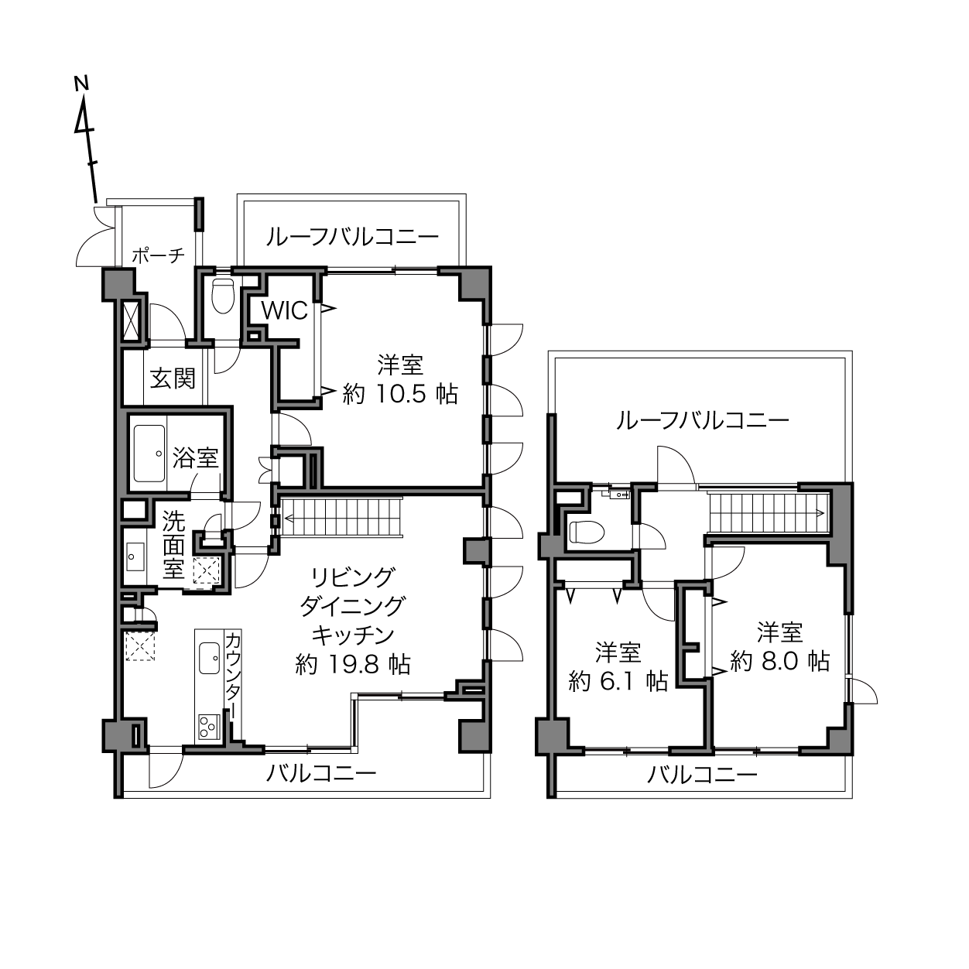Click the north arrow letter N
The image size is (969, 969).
click(x=81, y=84)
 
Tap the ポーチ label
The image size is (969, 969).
click(x=159, y=256)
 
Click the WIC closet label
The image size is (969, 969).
click(x=285, y=311)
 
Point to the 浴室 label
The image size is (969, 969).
click(x=195, y=457)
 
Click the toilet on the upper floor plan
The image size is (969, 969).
click(x=587, y=532)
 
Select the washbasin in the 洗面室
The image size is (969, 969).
click(x=135, y=556)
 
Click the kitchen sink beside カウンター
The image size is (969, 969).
click(x=209, y=658)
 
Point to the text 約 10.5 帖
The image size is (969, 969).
click(x=400, y=395)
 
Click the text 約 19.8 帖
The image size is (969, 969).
click(x=353, y=665)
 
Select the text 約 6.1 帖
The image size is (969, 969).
click(x=618, y=682)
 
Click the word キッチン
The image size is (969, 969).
click(x=353, y=635)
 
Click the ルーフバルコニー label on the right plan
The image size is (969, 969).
click(x=703, y=420)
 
